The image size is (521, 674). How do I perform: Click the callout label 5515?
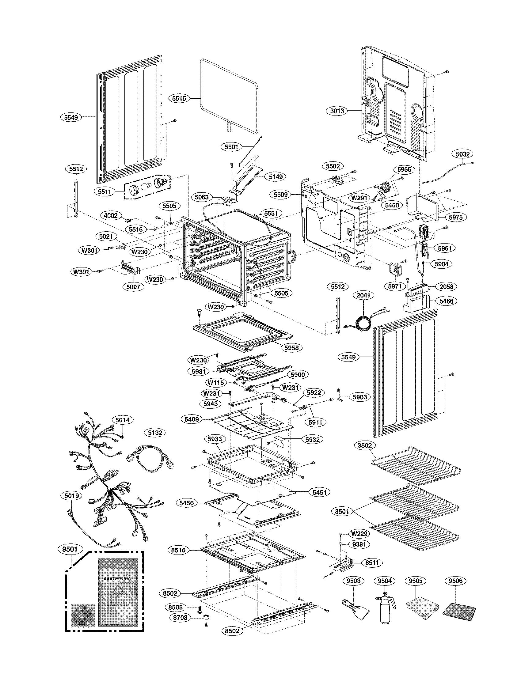pos(179,98)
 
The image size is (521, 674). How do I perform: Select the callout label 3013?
pos(337,111)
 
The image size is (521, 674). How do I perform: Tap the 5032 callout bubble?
pos(462,154)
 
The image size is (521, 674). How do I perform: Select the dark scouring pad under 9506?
pos(459,605)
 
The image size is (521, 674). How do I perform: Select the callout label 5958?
pos(291,347)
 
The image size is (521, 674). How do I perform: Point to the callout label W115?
pos(216,383)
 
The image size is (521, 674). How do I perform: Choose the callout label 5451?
pos(319,492)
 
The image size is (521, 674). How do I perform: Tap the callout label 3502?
pos(365,445)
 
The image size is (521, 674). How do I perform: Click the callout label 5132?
pos(155,433)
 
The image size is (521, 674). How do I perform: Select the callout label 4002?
pos(111,216)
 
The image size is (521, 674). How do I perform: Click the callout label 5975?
pos(455,217)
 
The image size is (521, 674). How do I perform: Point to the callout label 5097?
pos(133,286)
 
